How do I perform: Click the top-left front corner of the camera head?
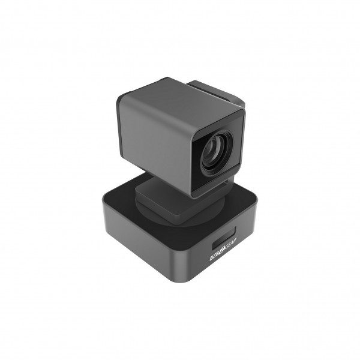116,97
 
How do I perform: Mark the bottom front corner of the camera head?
193,195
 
